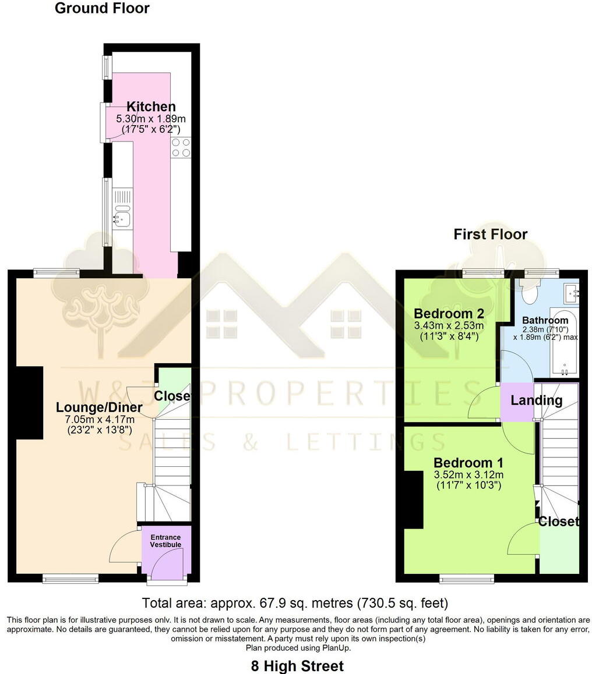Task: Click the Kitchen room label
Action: click(151, 107)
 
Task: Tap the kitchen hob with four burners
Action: click(181, 147)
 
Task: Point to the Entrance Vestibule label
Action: click(166, 541)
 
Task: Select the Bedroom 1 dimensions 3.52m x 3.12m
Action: click(468, 475)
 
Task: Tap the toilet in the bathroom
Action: click(530, 293)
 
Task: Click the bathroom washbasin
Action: click(571, 290)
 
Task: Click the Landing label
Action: click(536, 400)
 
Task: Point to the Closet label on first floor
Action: click(558, 522)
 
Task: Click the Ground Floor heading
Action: click(102, 8)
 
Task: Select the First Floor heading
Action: click(490, 234)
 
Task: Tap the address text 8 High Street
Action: click(297, 666)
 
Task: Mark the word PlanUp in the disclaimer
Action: click(337, 648)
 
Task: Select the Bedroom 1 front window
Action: click(466, 578)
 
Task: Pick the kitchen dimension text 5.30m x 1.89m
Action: click(151, 119)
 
